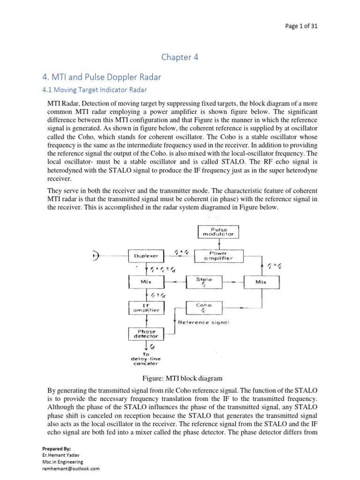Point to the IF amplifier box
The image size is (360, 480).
(146, 307)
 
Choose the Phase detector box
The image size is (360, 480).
(146, 333)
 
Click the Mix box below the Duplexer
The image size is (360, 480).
(146, 282)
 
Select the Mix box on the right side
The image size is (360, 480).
(262, 282)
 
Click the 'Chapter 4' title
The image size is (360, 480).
(180, 57)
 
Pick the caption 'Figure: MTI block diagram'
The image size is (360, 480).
(180, 378)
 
